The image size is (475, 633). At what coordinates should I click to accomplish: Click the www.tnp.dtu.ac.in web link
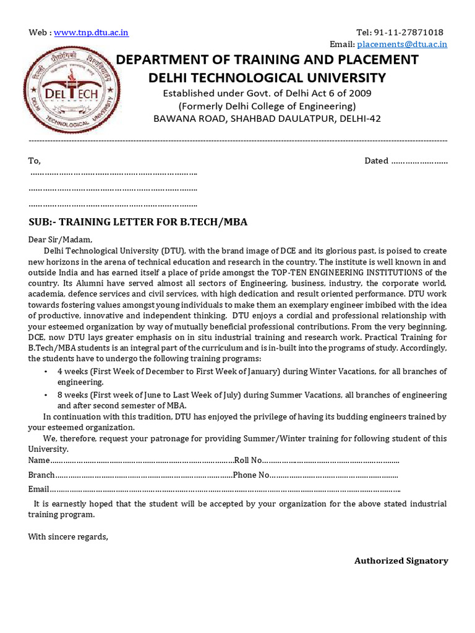coord(91,33)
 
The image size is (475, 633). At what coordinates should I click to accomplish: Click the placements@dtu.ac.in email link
coord(402,44)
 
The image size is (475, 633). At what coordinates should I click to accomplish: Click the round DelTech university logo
coord(74,90)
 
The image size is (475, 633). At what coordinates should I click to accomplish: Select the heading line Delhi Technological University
coord(267,77)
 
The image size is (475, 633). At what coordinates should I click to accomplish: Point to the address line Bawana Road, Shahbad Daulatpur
coord(267,118)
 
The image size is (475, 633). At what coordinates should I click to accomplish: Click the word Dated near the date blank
coord(376,161)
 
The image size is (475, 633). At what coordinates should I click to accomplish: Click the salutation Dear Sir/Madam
coord(60,239)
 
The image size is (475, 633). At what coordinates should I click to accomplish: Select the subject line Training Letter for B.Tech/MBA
coord(138,222)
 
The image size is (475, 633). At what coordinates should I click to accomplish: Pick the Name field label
coord(38,461)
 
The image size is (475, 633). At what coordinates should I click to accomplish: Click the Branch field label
coord(41,475)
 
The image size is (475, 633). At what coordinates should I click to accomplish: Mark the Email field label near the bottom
coord(38,489)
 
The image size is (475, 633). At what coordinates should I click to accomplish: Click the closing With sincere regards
coord(68,537)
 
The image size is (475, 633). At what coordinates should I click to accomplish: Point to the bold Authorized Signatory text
coord(401,561)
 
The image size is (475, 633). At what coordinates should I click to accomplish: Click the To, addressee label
coord(34,161)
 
